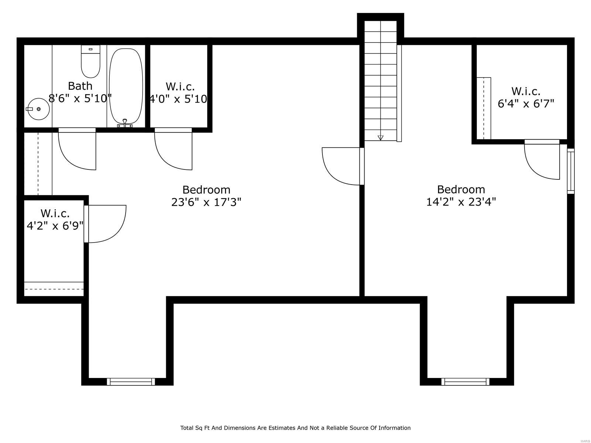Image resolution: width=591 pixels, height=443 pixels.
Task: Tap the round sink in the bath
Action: (38, 109)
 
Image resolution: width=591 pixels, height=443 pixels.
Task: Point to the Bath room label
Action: (80, 86)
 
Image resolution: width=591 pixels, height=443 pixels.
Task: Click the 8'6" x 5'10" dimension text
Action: (80, 99)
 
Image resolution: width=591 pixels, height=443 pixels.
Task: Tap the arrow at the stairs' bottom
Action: (380, 138)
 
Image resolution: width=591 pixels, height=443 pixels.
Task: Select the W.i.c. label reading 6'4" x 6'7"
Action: (526, 97)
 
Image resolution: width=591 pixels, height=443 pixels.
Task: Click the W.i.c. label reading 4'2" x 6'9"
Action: (55, 219)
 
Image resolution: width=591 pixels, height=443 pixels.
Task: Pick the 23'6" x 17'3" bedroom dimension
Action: (206, 202)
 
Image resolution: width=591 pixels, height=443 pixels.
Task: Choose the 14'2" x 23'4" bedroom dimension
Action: (461, 202)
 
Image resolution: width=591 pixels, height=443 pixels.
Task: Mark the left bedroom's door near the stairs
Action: (342, 166)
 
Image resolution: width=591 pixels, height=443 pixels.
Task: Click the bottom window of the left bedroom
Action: (131, 382)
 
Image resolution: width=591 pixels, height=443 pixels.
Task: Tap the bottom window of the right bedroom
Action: (465, 382)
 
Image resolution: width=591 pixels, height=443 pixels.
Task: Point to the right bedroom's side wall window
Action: (571, 171)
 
